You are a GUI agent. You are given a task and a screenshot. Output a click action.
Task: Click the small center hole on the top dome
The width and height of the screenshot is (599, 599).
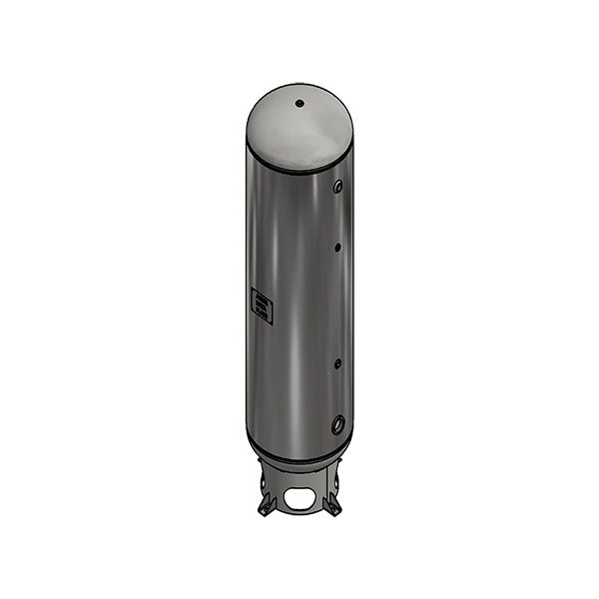point(299,103)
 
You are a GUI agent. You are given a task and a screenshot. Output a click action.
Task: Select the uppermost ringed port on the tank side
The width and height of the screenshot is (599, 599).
point(339,186)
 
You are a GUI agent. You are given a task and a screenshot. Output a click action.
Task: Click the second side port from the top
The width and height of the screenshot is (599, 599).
point(338,246)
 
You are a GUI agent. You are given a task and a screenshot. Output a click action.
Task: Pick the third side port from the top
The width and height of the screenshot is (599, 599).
point(337,363)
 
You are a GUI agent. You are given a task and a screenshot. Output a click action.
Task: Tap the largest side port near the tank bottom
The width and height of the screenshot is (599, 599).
point(338,423)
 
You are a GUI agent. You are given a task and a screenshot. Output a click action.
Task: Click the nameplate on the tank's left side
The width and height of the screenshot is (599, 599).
point(262,305)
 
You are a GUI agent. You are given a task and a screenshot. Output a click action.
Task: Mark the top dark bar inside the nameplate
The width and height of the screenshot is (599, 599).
point(262,297)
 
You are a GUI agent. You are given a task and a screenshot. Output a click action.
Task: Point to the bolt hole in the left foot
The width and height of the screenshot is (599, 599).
point(265,511)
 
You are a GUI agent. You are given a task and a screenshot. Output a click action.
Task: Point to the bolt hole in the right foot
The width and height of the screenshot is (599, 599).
point(333,511)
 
